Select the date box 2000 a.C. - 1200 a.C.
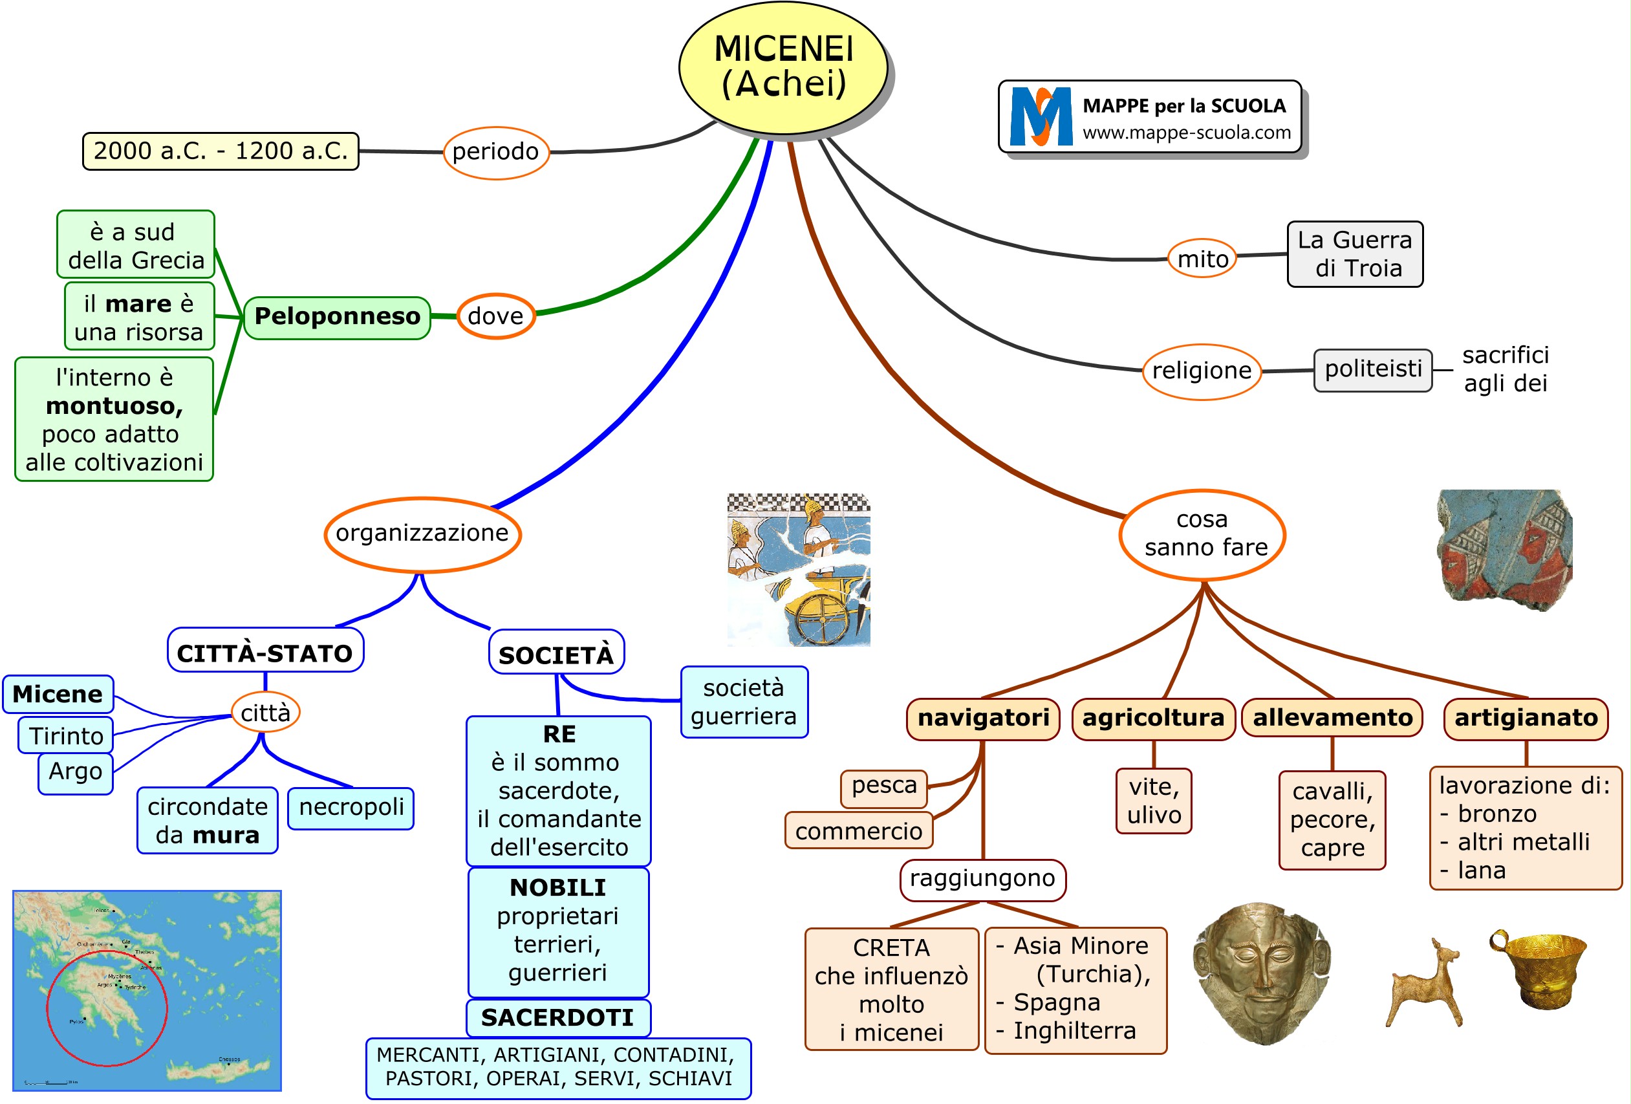[x=221, y=151]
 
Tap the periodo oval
[x=495, y=151]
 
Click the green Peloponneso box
[x=337, y=316]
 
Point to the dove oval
[x=495, y=316]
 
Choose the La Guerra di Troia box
[x=1354, y=254]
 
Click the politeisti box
[x=1372, y=369]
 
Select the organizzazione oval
[x=422, y=534]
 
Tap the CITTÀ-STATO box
[x=265, y=653]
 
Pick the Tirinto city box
[x=66, y=735]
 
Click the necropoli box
[x=351, y=807]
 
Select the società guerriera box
[x=743, y=702]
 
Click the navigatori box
[x=982, y=718]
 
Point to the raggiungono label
[x=982, y=879]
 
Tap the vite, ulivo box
[x=1153, y=801]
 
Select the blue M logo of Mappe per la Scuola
[x=1040, y=116]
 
